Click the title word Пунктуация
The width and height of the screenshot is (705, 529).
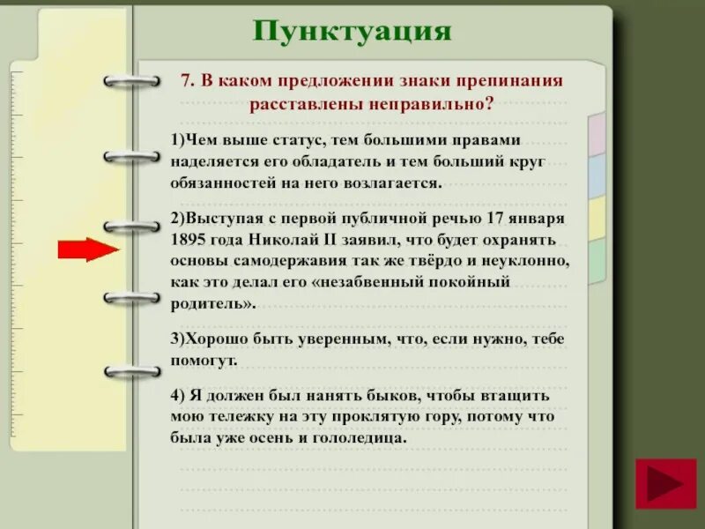tap(352, 32)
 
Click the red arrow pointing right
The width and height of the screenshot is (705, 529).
tap(88, 250)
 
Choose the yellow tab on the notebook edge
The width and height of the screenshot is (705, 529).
tap(597, 218)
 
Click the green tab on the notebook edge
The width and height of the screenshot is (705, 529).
tap(597, 261)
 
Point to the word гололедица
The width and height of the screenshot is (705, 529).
tap(360, 438)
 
